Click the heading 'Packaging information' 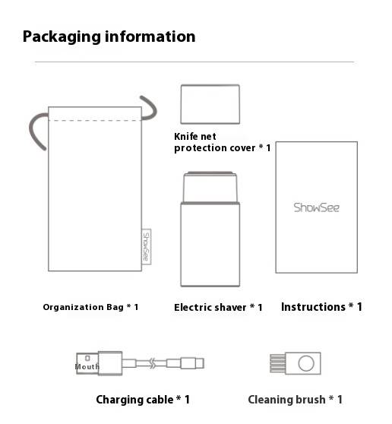[109, 36]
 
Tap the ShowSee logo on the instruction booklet [316, 207]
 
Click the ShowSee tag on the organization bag [147, 247]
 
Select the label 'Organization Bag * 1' [90, 307]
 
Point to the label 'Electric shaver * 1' [218, 308]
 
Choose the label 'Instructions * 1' [321, 307]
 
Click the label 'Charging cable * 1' [143, 400]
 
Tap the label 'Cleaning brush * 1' [296, 400]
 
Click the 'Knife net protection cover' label [223, 142]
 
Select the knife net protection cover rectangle [210, 104]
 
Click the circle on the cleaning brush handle [306, 363]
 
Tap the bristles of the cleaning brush [277, 363]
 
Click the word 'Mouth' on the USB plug [87, 367]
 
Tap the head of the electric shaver [210, 187]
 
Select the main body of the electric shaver [210, 244]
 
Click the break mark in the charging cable [153, 363]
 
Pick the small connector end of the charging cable [192, 363]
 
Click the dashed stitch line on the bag [95, 120]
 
